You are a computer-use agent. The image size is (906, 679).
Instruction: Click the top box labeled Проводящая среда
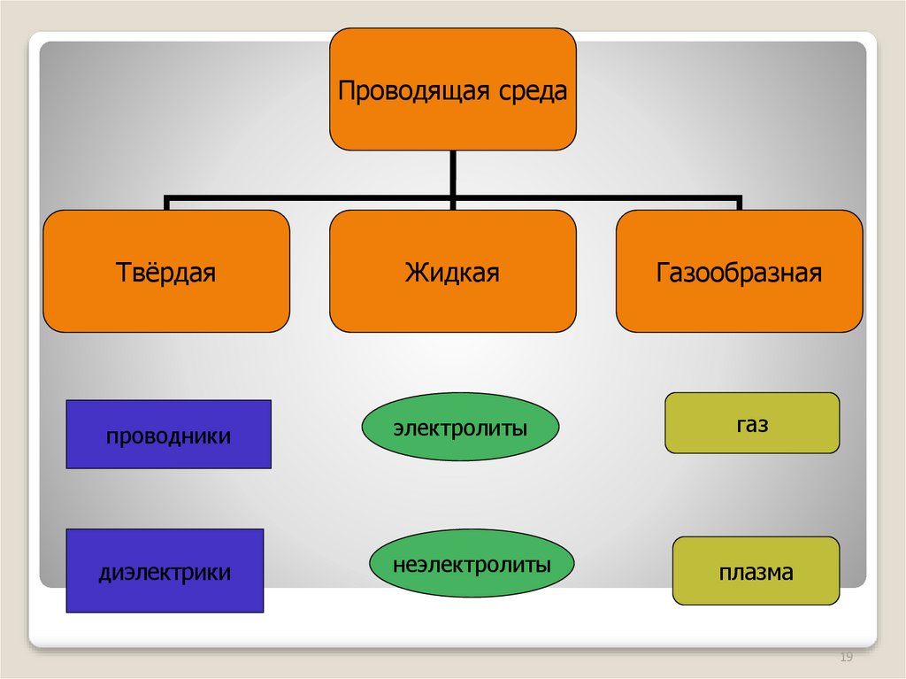point(453,89)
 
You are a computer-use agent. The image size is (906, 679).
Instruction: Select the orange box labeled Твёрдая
point(166,271)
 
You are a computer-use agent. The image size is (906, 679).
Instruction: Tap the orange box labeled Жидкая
point(453,271)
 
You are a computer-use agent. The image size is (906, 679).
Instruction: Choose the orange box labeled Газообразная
point(739,271)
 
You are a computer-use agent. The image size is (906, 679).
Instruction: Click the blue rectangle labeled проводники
point(168,434)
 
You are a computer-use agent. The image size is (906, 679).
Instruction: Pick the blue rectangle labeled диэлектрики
point(165,571)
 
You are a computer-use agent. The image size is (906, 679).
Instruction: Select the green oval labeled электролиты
point(460,428)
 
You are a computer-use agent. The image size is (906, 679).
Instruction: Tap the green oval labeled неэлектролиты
point(472,563)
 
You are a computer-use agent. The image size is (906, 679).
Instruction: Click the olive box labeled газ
point(751,423)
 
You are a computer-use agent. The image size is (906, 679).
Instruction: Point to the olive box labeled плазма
point(756,571)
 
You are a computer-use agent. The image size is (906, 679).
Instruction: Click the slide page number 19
point(845,657)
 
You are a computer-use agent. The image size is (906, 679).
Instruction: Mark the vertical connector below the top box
point(453,173)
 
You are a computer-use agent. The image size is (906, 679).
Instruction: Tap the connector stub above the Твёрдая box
point(166,203)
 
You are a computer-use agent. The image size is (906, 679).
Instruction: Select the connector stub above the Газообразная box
point(739,203)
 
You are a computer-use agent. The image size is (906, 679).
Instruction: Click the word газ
point(751,424)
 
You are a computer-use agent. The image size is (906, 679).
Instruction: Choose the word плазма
point(756,573)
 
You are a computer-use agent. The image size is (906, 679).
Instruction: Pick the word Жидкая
point(453,272)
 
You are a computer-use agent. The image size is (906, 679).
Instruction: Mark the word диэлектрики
point(165,573)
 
